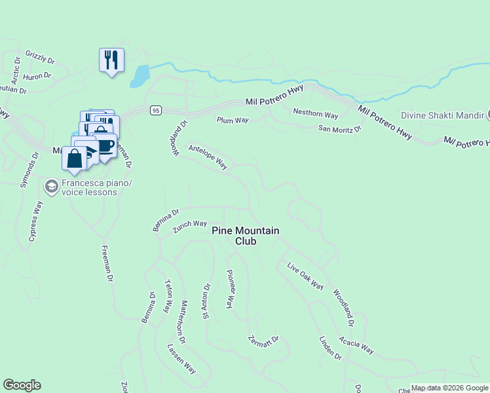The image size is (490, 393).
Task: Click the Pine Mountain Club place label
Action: click(246, 236)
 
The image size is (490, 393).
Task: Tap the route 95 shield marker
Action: click(155, 110)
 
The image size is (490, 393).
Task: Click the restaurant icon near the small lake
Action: click(111, 60)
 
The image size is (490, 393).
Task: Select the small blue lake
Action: click(140, 77)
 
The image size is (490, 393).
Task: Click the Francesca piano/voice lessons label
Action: click(90, 187)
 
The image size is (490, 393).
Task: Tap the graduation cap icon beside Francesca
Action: click(51, 187)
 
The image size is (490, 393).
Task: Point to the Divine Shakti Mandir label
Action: click(442, 115)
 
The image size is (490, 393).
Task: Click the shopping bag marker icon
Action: click(75, 159)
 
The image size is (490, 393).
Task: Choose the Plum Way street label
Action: click(233, 120)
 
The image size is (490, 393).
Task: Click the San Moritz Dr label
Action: click(340, 129)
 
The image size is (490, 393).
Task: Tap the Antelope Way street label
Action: click(208, 157)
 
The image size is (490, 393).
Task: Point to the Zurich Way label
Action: click(190, 227)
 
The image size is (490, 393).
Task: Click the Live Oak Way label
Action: click(306, 276)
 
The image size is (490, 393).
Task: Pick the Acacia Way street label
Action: click(356, 345)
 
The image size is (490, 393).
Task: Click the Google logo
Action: click(22, 385)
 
